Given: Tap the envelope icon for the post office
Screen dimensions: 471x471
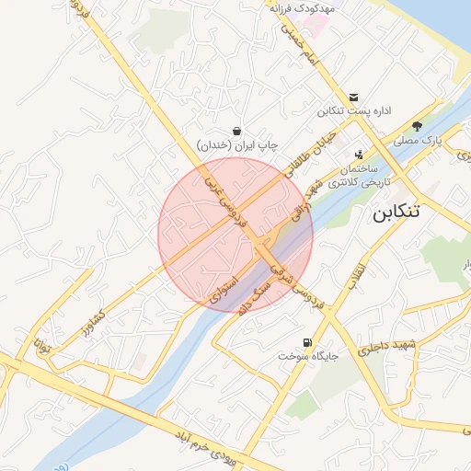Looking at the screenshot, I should click(354, 98).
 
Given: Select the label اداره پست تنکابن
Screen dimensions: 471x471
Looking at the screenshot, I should click(355, 111).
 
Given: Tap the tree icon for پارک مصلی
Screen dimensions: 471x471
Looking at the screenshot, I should click(418, 127).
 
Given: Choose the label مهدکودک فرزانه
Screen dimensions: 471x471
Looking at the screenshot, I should click(303, 6).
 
